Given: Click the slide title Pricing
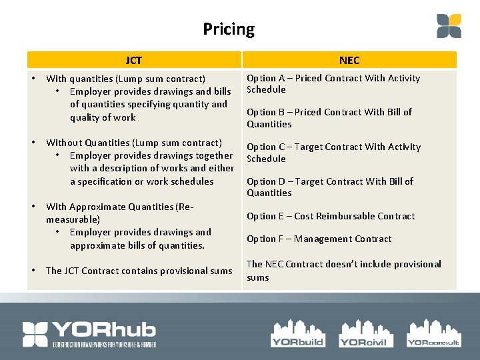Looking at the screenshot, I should click(x=229, y=29).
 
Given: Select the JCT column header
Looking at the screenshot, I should click(x=133, y=61).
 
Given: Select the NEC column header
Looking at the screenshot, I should click(x=349, y=61).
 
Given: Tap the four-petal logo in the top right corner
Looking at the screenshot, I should click(x=449, y=26).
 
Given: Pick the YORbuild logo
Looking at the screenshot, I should click(x=297, y=332).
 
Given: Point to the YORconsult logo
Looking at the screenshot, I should click(x=433, y=332).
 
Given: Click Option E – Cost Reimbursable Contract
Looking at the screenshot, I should click(x=331, y=216).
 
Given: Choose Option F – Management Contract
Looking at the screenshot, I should click(x=319, y=239).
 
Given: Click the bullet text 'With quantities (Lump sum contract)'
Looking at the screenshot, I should click(x=125, y=79).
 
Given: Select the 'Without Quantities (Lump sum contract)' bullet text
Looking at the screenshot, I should click(x=133, y=143).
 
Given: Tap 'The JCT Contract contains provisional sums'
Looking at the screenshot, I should click(x=139, y=271).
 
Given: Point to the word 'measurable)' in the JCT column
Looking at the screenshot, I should click(x=73, y=219).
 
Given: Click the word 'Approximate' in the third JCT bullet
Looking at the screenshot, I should click(x=97, y=207).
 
